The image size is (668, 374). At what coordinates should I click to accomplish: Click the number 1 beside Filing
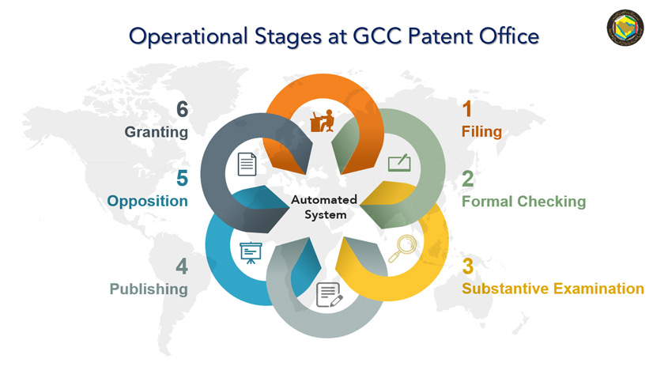tap(468, 108)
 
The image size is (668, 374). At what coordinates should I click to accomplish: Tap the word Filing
tap(481, 131)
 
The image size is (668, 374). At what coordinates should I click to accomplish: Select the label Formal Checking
tap(523, 201)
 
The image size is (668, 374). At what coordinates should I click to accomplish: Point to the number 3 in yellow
tap(468, 266)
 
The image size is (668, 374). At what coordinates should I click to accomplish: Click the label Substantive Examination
tap(553, 289)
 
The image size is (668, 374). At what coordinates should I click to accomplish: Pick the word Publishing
tap(149, 289)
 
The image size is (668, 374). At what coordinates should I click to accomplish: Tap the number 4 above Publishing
tap(181, 266)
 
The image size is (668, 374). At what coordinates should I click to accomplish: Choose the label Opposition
tap(148, 201)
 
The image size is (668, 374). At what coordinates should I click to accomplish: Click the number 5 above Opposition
tap(182, 178)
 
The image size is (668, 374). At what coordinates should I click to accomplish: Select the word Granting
tap(156, 132)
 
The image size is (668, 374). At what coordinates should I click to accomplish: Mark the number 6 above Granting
tap(181, 108)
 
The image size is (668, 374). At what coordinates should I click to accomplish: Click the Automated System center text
tap(324, 207)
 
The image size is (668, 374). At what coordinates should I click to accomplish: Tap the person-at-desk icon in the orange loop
tap(323, 121)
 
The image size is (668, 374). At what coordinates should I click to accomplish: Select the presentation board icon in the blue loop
tap(250, 252)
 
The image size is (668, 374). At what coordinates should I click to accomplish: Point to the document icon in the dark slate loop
tap(248, 164)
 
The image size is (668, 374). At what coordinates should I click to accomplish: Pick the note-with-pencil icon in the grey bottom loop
tap(328, 293)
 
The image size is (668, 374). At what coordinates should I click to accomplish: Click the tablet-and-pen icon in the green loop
tap(399, 163)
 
